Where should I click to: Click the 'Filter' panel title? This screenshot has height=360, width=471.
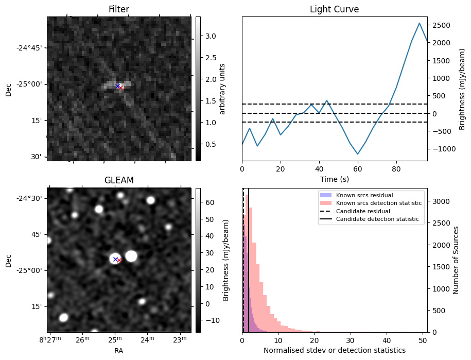119,9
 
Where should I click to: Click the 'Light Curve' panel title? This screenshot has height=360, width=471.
334,9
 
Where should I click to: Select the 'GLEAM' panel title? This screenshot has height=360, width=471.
119,180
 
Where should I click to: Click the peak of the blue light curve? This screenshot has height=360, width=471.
420,23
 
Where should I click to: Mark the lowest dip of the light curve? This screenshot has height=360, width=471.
358,154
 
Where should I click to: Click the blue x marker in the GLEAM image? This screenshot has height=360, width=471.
115,259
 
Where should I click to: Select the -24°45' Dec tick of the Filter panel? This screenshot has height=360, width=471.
31,48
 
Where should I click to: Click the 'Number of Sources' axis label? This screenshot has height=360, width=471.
456,260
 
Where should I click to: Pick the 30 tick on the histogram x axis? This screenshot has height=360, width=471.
351,340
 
